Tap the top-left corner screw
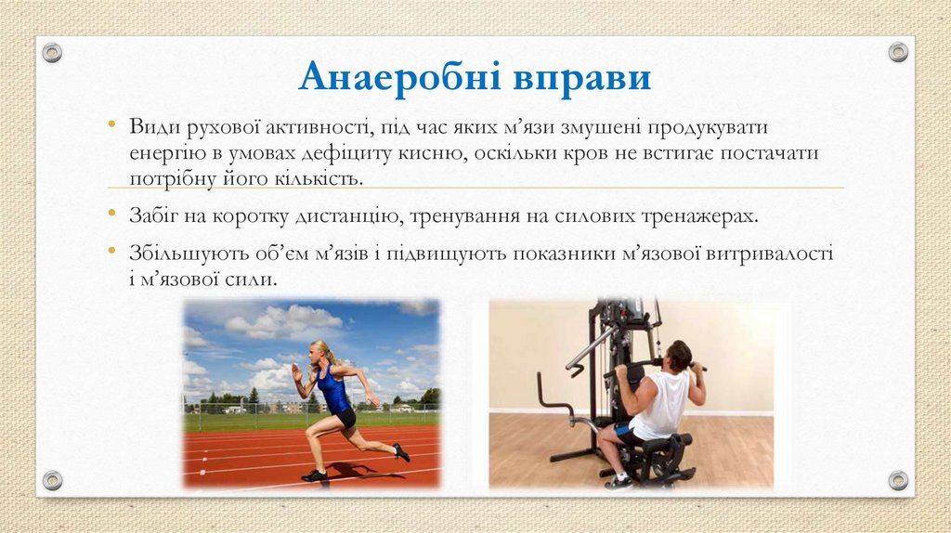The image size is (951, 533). [x=52, y=52]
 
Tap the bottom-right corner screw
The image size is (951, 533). [x=898, y=480]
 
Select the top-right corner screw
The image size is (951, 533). [x=898, y=52]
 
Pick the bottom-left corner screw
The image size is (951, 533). [x=52, y=480]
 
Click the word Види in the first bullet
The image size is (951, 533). [x=150, y=126]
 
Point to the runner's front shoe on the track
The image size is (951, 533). [x=315, y=475]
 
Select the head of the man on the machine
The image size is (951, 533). [x=679, y=355]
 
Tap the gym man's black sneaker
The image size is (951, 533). [x=618, y=481]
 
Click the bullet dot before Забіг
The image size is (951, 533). [x=111, y=214]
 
